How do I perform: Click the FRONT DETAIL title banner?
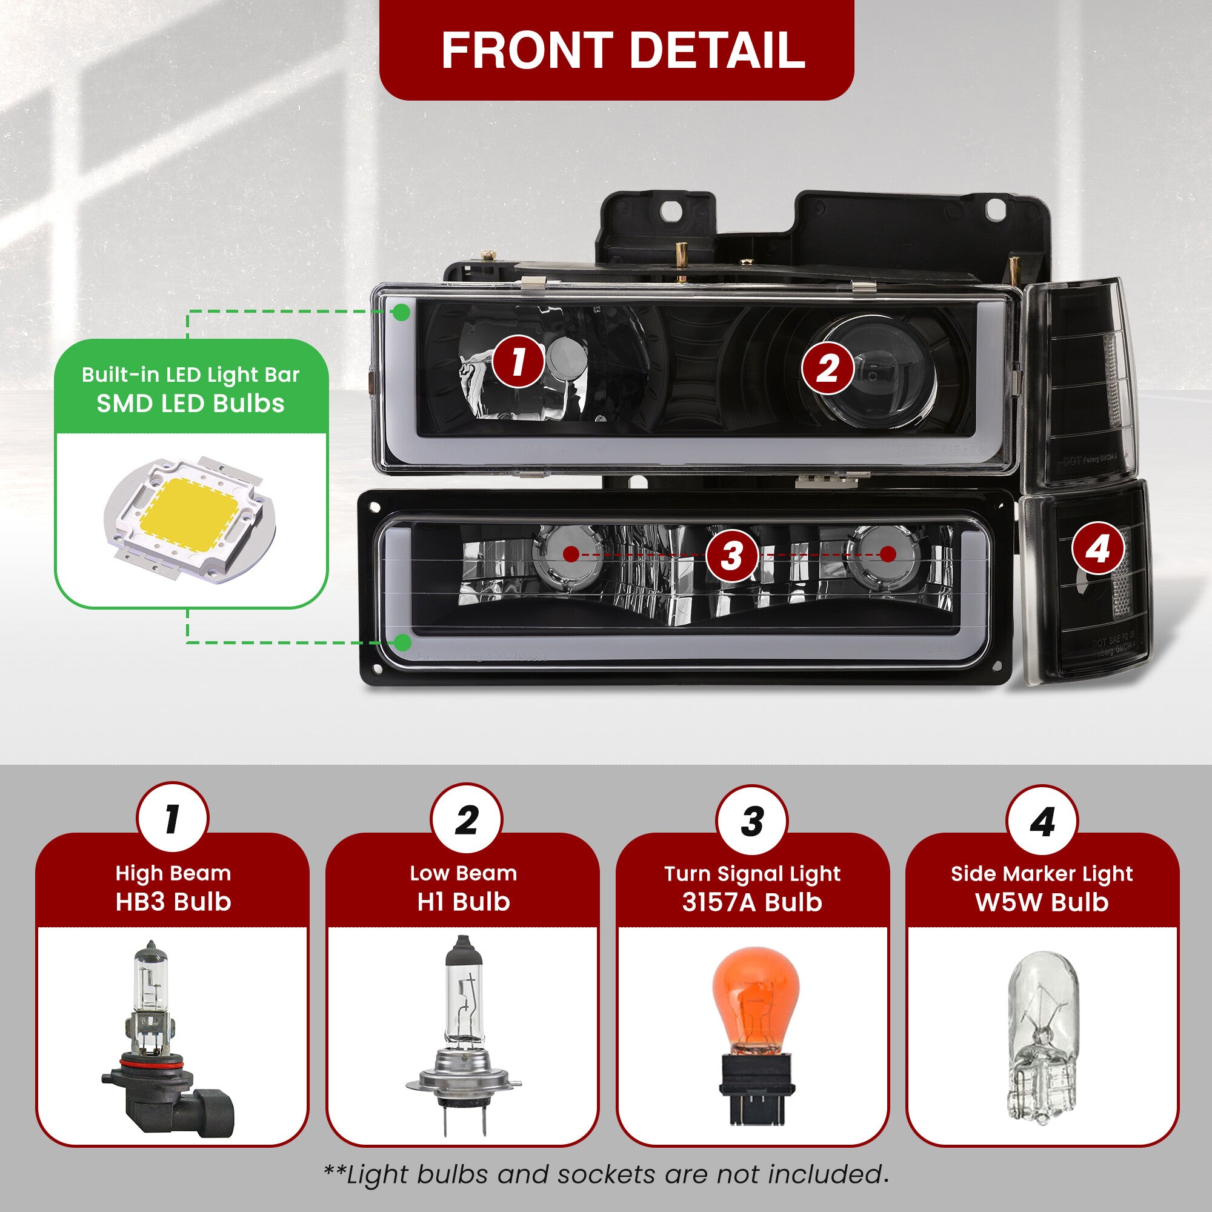[616, 50]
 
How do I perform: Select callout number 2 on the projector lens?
[827, 368]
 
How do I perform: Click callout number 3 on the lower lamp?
[731, 554]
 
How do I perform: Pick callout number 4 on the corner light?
[1098, 548]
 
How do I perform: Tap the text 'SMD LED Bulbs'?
[191, 404]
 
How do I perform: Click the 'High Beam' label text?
[173, 873]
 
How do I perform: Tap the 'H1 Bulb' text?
[464, 902]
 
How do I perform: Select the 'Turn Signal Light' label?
[752, 874]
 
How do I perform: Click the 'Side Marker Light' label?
[1042, 874]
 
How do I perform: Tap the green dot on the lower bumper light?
[403, 642]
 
